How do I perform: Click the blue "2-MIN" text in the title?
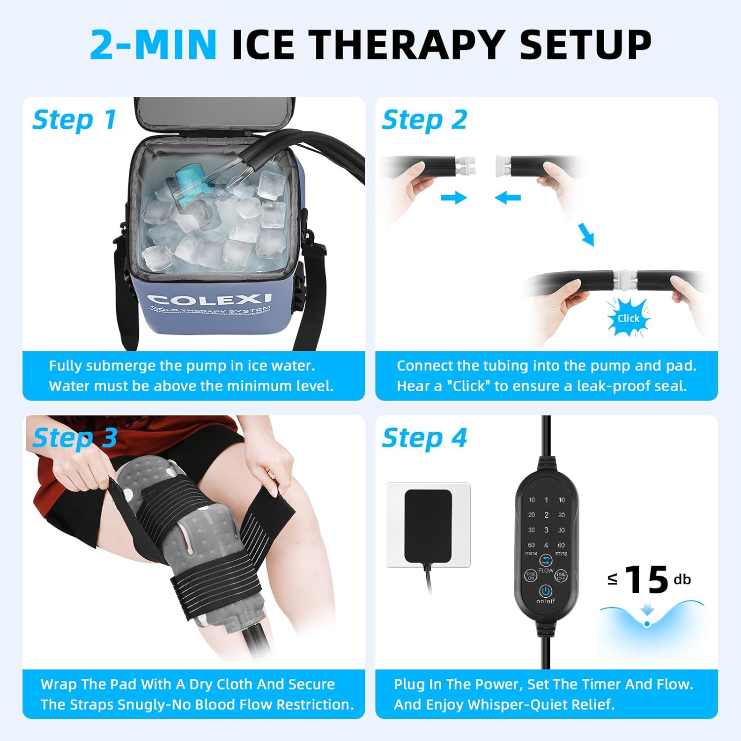[x=153, y=44]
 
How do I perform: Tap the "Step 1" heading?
[x=75, y=120]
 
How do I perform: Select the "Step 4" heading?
[x=424, y=438]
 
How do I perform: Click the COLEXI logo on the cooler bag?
[x=209, y=299]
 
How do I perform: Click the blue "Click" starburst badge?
[x=628, y=318]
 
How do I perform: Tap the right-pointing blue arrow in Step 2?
[x=453, y=198]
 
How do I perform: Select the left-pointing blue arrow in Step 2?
[x=507, y=198]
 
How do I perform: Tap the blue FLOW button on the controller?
[x=546, y=560]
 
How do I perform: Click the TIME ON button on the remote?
[x=531, y=576]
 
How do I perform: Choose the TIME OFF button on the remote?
[x=561, y=576]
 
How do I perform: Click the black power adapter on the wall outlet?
[x=428, y=526]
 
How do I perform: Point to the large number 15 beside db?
[x=647, y=580]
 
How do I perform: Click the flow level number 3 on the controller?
[x=546, y=530]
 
